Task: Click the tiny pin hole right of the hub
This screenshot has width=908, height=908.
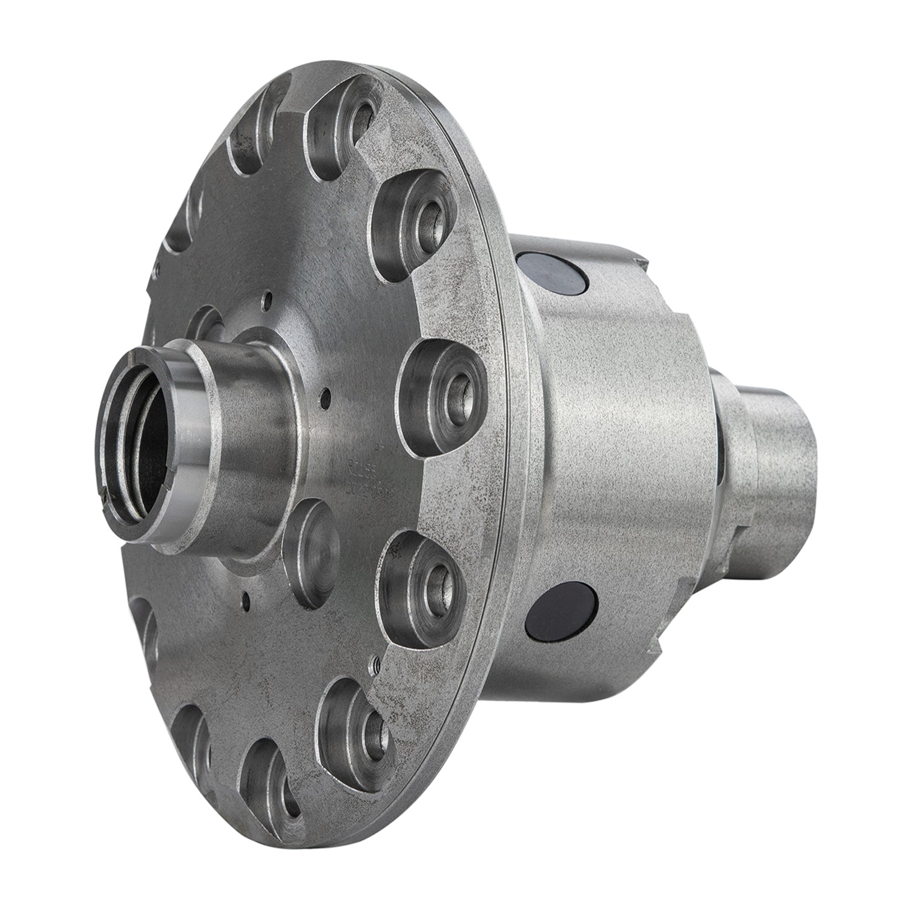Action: tap(327, 398)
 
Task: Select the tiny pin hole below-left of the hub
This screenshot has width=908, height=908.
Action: tap(246, 601)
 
